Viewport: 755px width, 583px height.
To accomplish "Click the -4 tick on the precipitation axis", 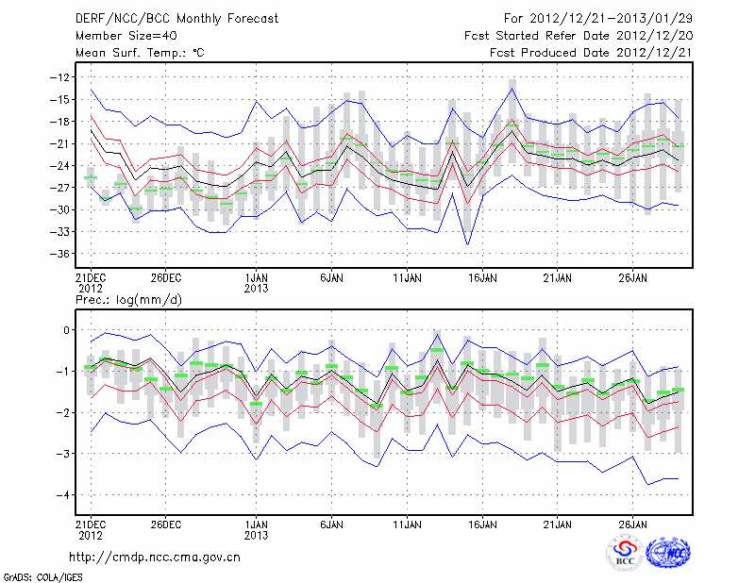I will [66, 495].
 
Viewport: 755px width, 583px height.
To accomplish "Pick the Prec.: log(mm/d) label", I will [126, 300].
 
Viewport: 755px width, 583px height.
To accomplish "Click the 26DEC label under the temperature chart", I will [165, 279].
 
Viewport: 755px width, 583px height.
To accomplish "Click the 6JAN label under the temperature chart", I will [330, 279].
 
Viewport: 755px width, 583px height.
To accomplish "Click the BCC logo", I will [625, 553].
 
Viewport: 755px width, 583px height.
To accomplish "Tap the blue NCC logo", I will [668, 553].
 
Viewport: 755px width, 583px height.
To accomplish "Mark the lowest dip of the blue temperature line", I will [467, 245].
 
